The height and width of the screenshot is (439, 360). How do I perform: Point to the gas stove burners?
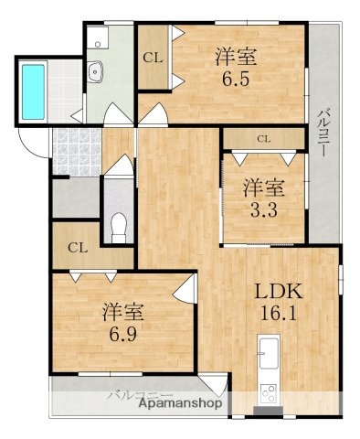tap(270, 393)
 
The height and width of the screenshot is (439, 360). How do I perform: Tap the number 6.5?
tap(236, 78)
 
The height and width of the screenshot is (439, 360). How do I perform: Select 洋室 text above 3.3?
tap(262, 188)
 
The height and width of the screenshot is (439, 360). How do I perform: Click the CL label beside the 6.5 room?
tap(153, 57)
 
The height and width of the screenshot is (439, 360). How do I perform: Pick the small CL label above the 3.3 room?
tap(263, 140)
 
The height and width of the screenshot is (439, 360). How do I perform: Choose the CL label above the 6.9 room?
tap(78, 246)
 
